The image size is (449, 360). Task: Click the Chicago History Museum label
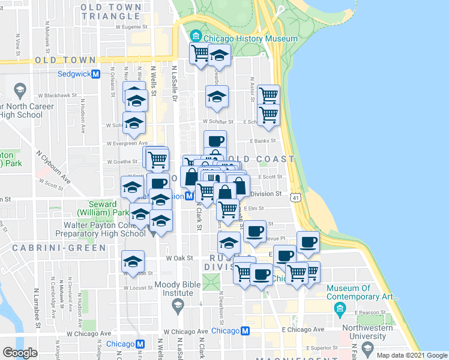(x=250, y=39)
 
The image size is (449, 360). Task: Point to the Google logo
(x=20, y=352)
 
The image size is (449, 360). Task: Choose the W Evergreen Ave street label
(x=127, y=143)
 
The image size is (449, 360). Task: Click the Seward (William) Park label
(x=103, y=208)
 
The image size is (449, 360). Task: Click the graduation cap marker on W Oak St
(x=133, y=261)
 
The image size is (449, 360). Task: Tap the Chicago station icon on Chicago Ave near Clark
(x=245, y=331)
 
